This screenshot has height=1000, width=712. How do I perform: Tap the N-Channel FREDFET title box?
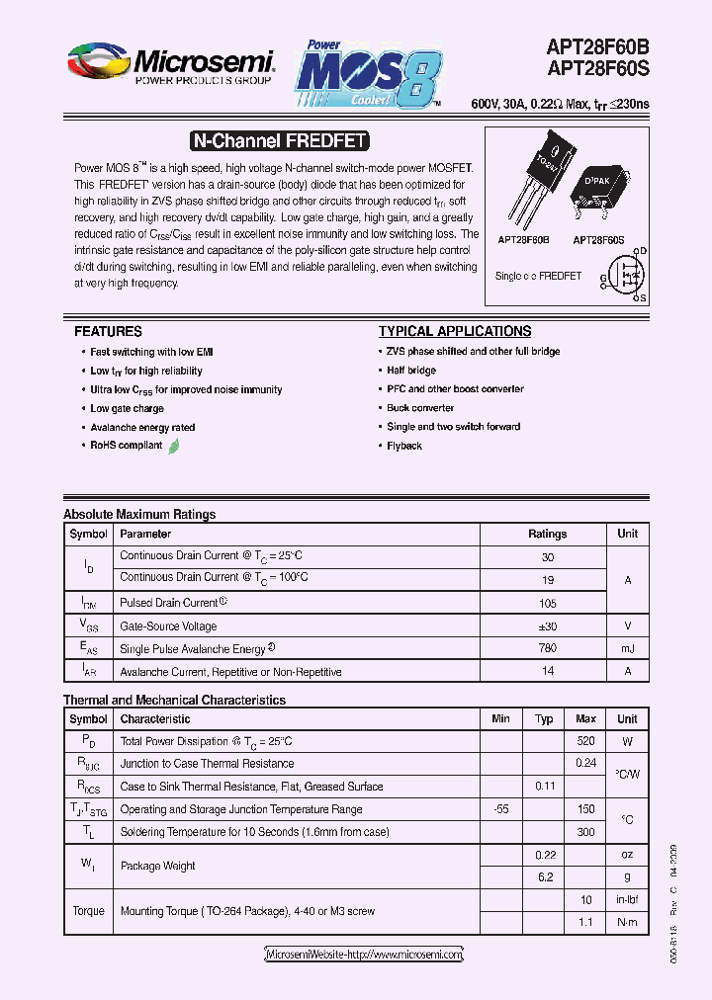point(278,141)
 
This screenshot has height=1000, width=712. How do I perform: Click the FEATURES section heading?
point(108,331)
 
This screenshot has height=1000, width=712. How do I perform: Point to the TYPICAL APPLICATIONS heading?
point(455,331)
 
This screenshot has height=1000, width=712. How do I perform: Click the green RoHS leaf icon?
point(174,446)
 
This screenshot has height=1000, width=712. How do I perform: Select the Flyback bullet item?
point(404,446)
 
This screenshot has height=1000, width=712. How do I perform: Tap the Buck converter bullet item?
point(420,407)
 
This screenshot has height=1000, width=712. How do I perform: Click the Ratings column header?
point(547,534)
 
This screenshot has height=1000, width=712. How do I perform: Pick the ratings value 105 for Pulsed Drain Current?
point(547,603)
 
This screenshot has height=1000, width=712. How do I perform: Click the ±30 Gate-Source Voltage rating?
point(547,625)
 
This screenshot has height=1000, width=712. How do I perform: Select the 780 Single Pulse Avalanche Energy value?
point(547,648)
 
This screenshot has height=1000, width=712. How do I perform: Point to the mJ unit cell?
point(627,648)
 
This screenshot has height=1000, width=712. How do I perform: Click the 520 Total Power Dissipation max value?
point(585,741)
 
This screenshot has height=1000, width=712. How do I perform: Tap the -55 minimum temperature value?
point(500,809)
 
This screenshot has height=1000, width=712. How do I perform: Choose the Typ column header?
point(544,718)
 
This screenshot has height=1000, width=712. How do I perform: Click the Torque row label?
point(88,911)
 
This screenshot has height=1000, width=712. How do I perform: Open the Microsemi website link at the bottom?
point(364,955)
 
